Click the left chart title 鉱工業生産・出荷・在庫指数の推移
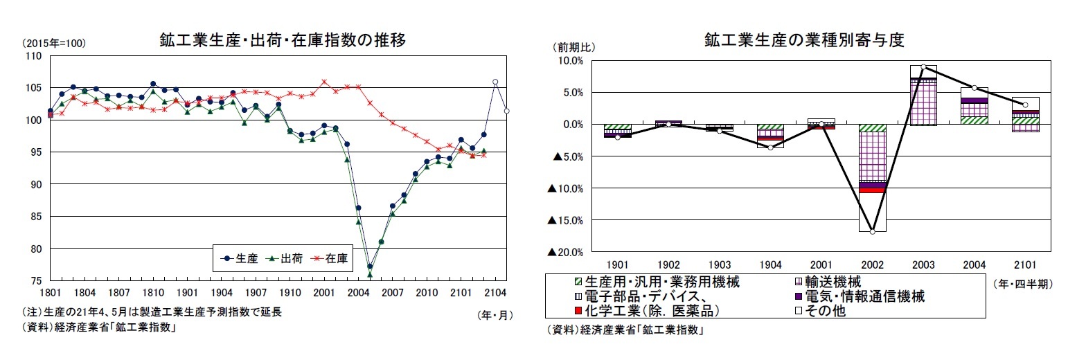click(x=283, y=41)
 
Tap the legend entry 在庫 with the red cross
click(x=330, y=259)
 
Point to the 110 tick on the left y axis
click(x=33, y=56)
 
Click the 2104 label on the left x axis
click(x=494, y=293)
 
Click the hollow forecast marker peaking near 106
click(x=495, y=82)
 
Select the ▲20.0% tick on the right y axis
click(x=565, y=253)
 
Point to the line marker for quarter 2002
click(x=872, y=231)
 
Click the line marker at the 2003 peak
click(x=923, y=66)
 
